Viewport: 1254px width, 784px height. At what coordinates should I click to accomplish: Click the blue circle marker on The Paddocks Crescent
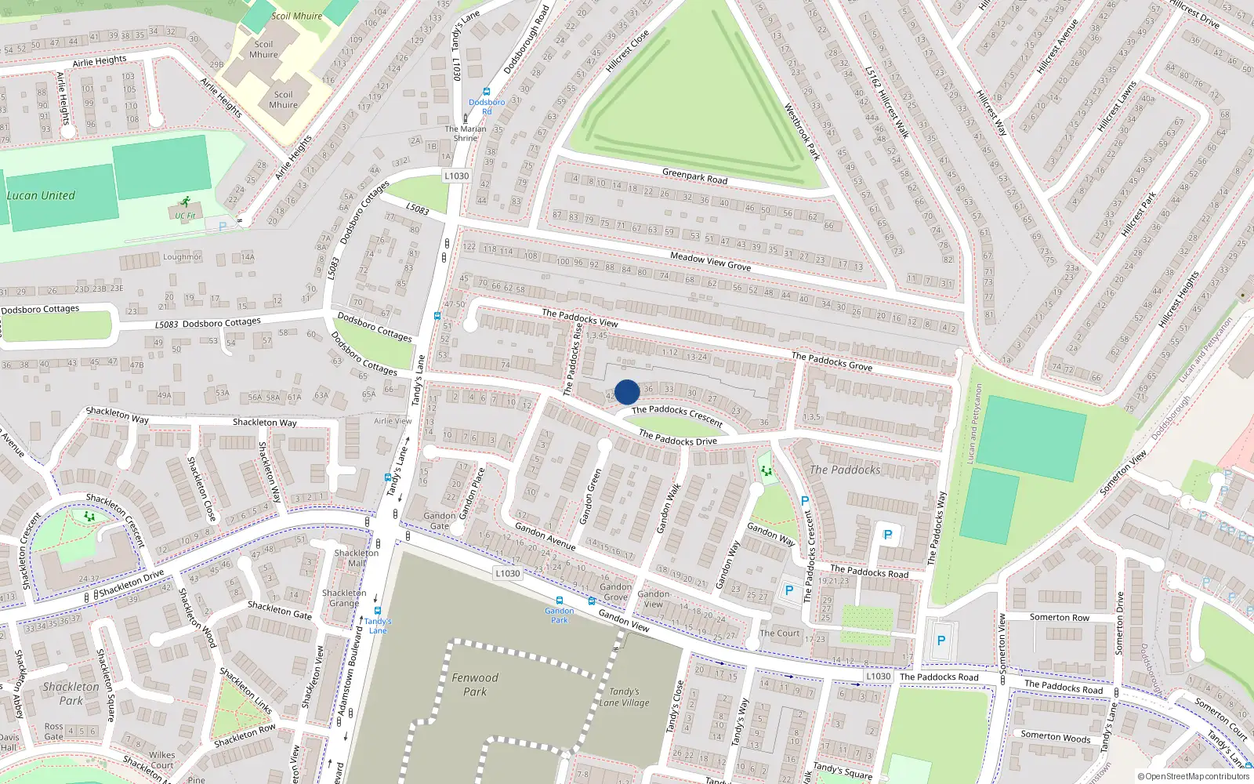click(627, 392)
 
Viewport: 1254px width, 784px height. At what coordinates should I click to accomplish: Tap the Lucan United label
click(41, 196)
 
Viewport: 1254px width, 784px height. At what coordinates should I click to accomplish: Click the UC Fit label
click(186, 216)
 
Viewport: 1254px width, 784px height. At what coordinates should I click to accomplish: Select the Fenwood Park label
click(475, 684)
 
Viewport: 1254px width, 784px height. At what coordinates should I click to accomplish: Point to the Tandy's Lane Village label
click(624, 697)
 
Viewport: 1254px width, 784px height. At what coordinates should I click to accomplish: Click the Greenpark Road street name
click(694, 176)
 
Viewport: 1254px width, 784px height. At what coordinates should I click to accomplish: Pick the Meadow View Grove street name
click(710, 261)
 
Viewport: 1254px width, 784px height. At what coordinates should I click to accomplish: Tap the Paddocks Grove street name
click(832, 361)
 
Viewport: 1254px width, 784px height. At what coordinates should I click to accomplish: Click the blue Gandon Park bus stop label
click(560, 615)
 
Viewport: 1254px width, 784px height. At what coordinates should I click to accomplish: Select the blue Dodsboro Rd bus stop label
click(487, 107)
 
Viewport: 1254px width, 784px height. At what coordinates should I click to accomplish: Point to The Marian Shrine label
click(466, 133)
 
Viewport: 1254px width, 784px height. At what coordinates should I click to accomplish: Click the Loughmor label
click(182, 257)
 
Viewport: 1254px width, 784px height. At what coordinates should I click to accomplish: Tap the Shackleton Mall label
click(357, 557)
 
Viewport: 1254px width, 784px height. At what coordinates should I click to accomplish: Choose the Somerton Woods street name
click(1055, 737)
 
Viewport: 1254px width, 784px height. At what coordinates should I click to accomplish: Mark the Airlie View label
click(393, 421)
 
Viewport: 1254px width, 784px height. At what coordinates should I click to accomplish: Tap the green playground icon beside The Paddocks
click(767, 470)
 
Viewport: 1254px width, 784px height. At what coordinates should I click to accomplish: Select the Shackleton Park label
click(71, 694)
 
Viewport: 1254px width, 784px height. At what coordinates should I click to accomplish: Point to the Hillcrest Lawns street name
click(1117, 107)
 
